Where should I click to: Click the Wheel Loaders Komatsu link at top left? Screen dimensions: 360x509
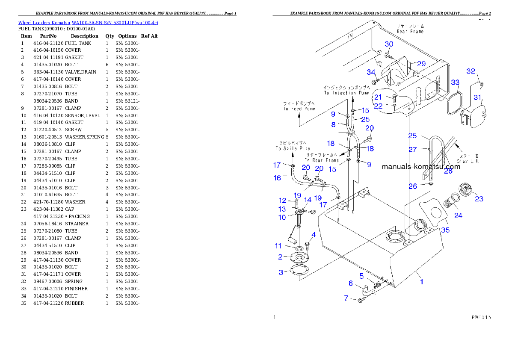coord(88,22)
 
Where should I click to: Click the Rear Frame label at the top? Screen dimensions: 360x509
coord(410,29)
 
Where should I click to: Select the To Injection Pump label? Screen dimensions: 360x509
coord(346,90)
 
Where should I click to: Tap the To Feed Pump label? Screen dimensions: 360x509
coord(299,106)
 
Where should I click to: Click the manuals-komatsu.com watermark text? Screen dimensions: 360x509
coord(421,167)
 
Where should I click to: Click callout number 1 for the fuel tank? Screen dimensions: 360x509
coord(422,282)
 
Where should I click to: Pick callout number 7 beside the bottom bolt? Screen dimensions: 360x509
coord(346,298)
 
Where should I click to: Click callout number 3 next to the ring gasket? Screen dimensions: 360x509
coord(281,272)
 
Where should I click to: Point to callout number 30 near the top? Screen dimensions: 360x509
coord(389,44)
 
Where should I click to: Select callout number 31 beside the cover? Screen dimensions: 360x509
coord(477,97)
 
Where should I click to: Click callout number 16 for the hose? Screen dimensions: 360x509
coord(278,177)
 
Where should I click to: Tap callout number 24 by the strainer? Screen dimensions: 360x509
coord(458,215)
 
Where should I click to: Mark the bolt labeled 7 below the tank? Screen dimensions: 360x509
coord(360,301)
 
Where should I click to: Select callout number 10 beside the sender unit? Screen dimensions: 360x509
coord(282,218)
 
